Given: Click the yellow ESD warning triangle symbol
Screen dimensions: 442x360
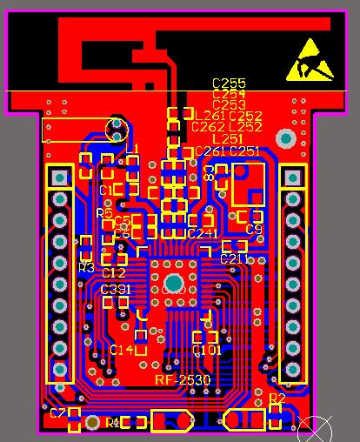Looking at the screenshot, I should [x=309, y=58].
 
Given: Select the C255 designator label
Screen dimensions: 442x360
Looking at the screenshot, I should [x=229, y=84].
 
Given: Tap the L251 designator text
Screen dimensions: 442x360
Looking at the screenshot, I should [x=228, y=139].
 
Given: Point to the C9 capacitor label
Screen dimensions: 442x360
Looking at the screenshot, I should [x=254, y=230].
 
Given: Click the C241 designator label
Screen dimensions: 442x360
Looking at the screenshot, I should [x=203, y=234].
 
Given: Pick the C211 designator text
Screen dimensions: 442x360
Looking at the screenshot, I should [x=234, y=259].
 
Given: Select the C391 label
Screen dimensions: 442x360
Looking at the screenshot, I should [x=116, y=289].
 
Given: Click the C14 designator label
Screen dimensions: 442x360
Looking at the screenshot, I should [x=122, y=350].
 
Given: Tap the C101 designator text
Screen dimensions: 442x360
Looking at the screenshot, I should [x=207, y=350].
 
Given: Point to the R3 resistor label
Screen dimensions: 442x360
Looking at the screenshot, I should [x=86, y=268].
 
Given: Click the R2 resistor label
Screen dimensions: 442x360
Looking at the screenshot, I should [x=277, y=398].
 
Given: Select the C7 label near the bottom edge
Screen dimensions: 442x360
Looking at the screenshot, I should [x=57, y=413].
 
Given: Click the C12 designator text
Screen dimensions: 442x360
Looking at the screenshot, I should [x=114, y=273].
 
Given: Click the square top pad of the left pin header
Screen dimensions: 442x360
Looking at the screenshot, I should [x=59, y=177].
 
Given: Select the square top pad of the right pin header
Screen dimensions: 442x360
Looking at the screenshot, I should [x=293, y=177].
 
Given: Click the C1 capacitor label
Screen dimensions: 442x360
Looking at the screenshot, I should [x=106, y=190].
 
